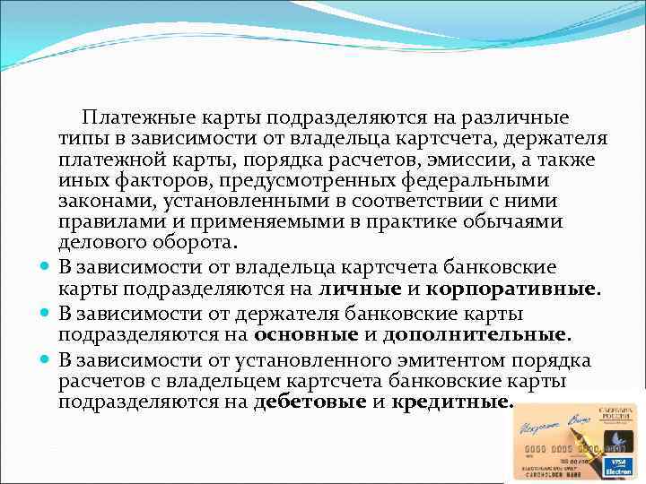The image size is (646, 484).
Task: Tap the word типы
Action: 82,139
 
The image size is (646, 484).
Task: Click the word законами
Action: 99,201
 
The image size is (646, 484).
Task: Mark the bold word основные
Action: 306,335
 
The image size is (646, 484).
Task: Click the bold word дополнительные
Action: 476,335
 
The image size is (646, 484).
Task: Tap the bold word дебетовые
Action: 310,402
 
